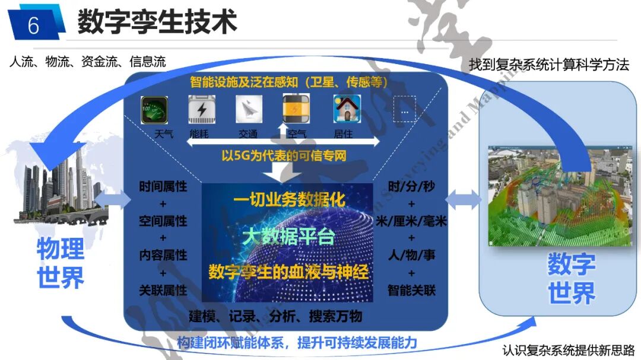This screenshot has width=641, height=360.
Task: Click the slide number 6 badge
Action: point(33,25)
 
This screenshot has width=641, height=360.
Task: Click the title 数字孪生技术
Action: point(157,22)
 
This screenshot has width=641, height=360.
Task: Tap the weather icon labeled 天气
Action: point(154,110)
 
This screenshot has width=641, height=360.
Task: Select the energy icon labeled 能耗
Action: point(201,110)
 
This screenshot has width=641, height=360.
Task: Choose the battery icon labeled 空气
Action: point(295,110)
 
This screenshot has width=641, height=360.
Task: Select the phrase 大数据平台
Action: point(289,237)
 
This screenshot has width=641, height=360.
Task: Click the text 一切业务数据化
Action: point(289,199)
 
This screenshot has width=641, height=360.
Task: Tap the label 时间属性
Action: point(163,187)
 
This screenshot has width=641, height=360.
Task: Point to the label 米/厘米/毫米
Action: point(411,221)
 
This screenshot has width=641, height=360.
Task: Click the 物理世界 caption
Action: point(61,263)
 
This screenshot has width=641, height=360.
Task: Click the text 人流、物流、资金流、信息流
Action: point(87,62)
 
